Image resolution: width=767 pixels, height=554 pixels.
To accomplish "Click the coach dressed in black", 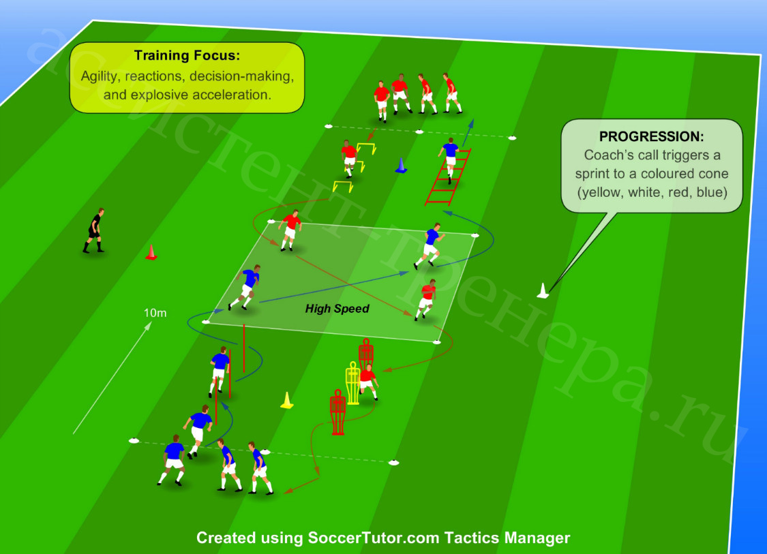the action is [x=93, y=230].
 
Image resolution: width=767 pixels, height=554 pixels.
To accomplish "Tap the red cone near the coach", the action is [x=151, y=252].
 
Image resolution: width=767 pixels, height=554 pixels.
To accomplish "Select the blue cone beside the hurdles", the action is [x=401, y=166].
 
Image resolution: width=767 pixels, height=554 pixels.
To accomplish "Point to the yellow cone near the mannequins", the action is [x=286, y=401].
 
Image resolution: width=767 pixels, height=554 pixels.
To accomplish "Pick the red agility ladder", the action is [x=448, y=176].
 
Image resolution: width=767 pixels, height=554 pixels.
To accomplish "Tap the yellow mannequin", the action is [x=352, y=383].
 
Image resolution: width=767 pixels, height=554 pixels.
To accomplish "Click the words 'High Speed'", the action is [x=337, y=309].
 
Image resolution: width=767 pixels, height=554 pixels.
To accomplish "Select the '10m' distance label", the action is [x=155, y=313].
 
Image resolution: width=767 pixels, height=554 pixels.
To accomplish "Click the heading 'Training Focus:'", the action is [x=187, y=55].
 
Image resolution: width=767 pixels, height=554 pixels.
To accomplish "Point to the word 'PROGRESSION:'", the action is [x=652, y=136].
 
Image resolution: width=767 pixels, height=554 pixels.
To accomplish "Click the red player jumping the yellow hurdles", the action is [x=349, y=158].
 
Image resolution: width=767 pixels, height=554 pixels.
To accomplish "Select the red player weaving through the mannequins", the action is [x=368, y=382].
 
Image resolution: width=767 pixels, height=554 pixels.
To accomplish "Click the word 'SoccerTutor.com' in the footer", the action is [x=373, y=538].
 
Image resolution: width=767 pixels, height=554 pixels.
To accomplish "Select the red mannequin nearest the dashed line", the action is [x=337, y=412].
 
